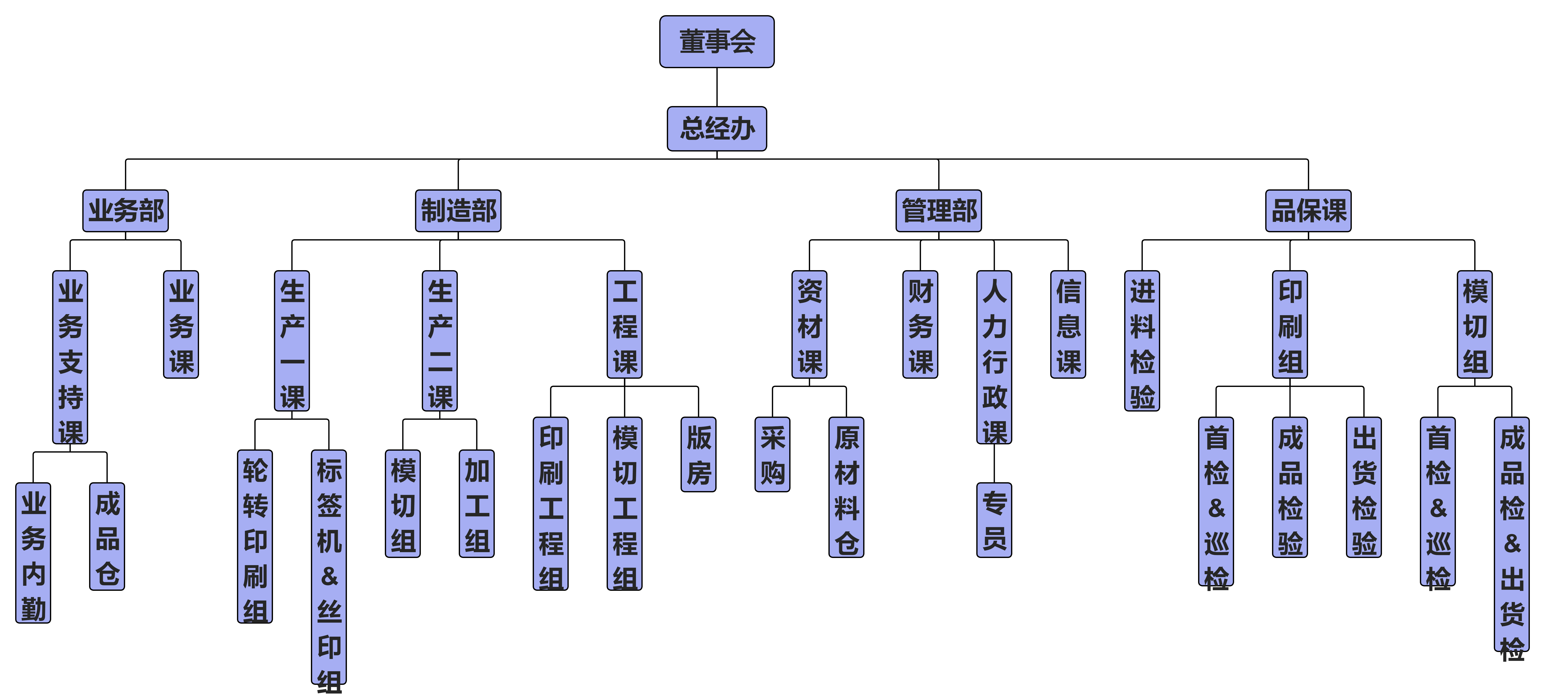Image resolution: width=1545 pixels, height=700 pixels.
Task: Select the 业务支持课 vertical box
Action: [x=70, y=357]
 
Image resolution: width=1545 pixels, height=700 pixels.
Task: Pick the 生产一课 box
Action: [x=292, y=340]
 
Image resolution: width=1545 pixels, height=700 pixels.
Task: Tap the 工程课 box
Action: [x=624, y=324]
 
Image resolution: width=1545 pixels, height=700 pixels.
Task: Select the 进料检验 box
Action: [x=1142, y=340]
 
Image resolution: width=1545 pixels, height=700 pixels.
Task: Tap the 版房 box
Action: [x=698, y=454]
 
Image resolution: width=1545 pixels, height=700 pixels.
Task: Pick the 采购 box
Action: [x=773, y=454]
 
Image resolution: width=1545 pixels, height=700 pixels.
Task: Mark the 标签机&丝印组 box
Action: [x=329, y=566]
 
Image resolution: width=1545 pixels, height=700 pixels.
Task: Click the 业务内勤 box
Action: [x=33, y=553]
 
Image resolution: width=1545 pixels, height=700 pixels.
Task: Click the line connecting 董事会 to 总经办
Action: [x=717, y=87]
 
